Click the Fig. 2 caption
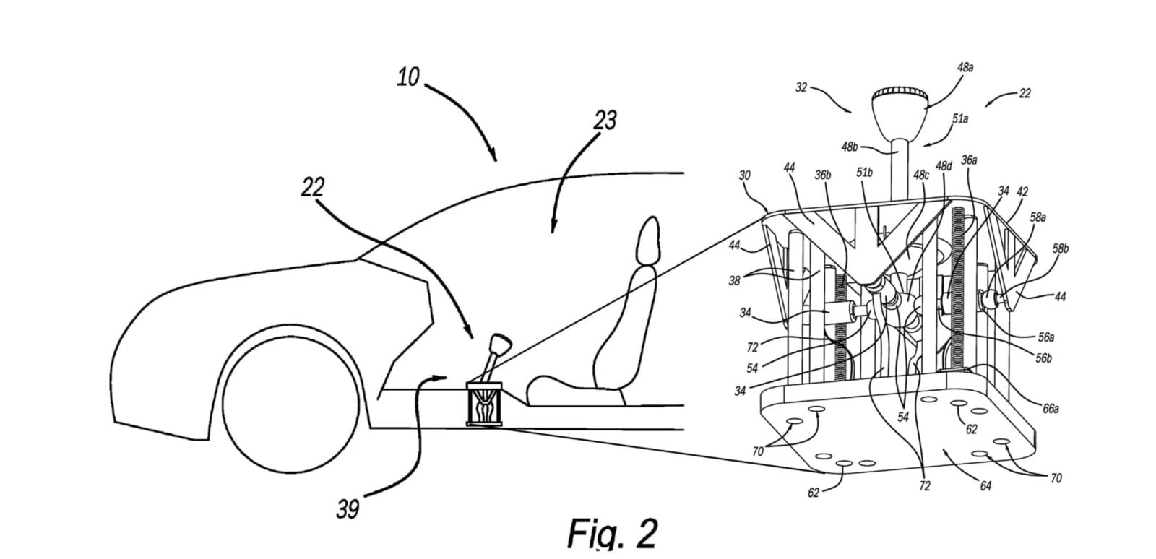[x=613, y=533]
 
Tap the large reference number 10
[x=408, y=77]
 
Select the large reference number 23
[x=605, y=120]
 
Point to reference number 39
[x=348, y=509]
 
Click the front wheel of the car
[x=290, y=404]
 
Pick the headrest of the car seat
[x=650, y=242]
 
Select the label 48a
[x=965, y=68]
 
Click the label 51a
[x=960, y=118]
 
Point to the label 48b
[x=850, y=147]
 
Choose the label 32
[x=801, y=87]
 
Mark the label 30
[x=744, y=175]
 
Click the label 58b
[x=1061, y=248]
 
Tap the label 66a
[x=1051, y=409]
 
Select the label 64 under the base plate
[x=985, y=486]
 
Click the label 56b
[x=1043, y=358]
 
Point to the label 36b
[x=823, y=175]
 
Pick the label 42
[x=1022, y=192]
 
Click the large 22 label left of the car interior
[x=313, y=187]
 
